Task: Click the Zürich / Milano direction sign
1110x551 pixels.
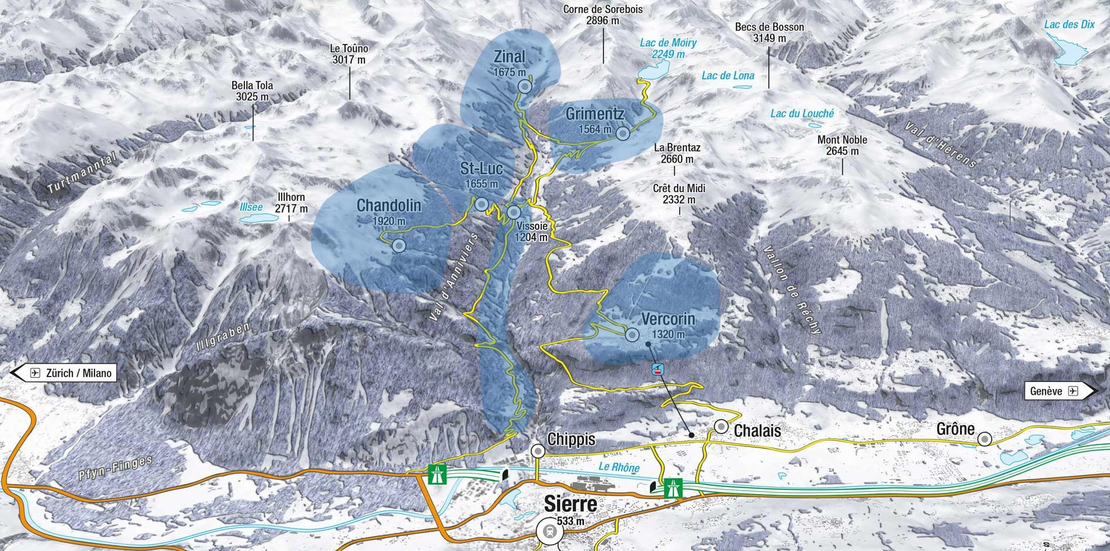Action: [x=65, y=373]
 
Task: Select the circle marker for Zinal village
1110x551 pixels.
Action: [x=525, y=87]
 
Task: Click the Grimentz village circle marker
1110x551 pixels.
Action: [x=623, y=134]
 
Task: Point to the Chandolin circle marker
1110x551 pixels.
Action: [x=398, y=246]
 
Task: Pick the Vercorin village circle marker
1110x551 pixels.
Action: [x=632, y=335]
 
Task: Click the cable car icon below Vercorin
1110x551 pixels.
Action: [x=658, y=369]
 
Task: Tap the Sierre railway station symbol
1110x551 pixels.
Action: [x=549, y=532]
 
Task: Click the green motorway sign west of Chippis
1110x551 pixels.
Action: [x=437, y=473]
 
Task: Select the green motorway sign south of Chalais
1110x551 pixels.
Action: [x=673, y=488]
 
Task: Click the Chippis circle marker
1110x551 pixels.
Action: [x=538, y=451]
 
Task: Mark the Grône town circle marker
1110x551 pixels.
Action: [x=984, y=439]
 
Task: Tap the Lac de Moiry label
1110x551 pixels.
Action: [x=668, y=48]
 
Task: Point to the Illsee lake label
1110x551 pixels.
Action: [x=251, y=207]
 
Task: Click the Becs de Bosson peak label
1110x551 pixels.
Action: [x=769, y=32]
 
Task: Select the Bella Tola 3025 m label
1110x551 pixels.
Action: [x=252, y=91]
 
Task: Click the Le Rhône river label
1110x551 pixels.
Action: [x=619, y=467]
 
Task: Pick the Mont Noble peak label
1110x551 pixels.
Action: [x=842, y=145]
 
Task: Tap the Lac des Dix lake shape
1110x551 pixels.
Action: [x=1068, y=50]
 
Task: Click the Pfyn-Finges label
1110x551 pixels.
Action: [x=115, y=468]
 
